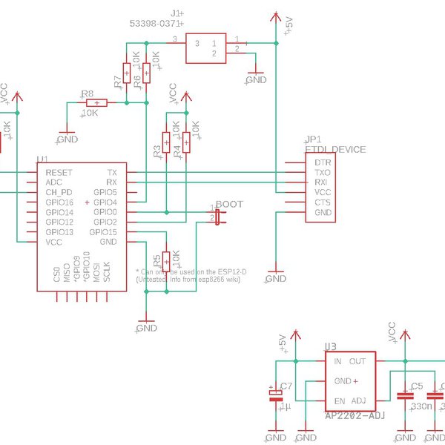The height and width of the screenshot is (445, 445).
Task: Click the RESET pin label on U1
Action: click(x=59, y=172)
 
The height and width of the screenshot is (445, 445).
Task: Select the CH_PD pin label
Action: click(x=59, y=192)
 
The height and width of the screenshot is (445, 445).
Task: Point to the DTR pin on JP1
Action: click(x=322, y=162)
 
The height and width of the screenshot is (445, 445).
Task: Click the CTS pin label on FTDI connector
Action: click(x=322, y=202)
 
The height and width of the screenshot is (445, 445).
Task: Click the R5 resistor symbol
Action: click(x=167, y=260)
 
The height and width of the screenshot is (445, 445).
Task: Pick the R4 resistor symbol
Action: click(x=185, y=141)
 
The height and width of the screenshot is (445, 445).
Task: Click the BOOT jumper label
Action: click(x=229, y=204)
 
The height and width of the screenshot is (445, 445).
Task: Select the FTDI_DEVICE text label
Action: click(x=335, y=149)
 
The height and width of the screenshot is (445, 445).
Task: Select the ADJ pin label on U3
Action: click(x=358, y=400)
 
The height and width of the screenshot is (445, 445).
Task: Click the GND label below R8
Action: click(x=67, y=139)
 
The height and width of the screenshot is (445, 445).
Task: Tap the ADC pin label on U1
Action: click(x=54, y=182)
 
